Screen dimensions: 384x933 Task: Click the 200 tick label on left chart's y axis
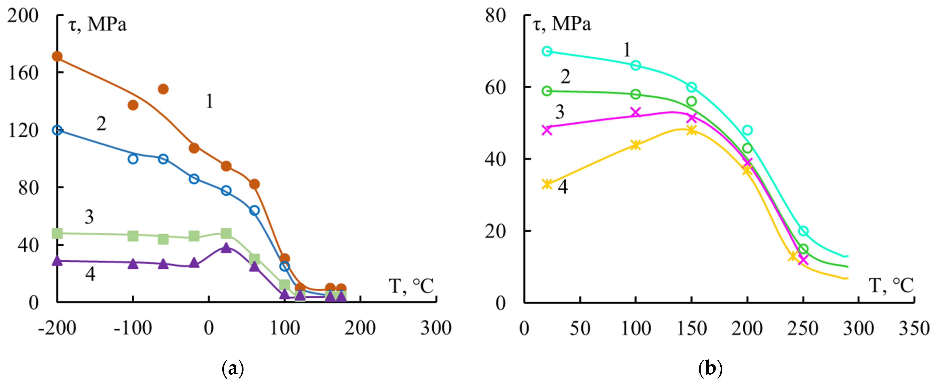click(x=22, y=16)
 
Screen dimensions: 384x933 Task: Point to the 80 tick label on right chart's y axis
click(x=495, y=16)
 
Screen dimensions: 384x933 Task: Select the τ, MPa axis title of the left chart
click(x=97, y=25)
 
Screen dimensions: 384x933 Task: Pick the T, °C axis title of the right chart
click(x=891, y=286)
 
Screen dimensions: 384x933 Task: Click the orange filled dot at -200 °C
click(x=57, y=56)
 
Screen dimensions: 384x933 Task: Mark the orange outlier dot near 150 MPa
click(x=163, y=89)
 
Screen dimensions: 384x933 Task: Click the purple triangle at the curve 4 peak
click(x=226, y=248)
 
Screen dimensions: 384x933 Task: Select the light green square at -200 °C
click(x=57, y=233)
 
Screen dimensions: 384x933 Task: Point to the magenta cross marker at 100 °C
click(x=636, y=112)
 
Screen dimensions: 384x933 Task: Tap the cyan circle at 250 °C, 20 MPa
click(x=803, y=231)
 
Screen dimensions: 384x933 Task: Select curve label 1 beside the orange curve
click(x=209, y=101)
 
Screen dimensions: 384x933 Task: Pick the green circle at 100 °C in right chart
click(x=636, y=94)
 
